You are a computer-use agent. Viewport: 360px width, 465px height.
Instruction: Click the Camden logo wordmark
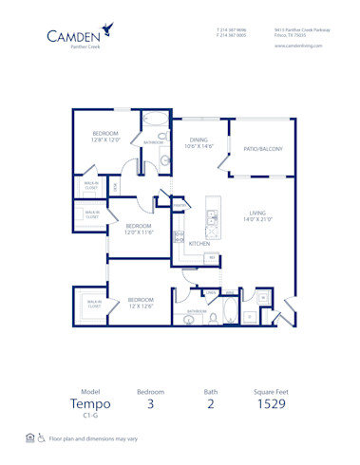[x=85, y=37]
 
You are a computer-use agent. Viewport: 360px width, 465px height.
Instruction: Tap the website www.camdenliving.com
[x=299, y=45]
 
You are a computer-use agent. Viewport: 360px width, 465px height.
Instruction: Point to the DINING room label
[x=198, y=139]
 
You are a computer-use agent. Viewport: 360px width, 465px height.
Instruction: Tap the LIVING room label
[x=257, y=213]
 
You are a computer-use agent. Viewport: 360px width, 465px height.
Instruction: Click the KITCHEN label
[x=199, y=244]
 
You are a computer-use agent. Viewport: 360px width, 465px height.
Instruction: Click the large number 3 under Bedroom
[x=150, y=405]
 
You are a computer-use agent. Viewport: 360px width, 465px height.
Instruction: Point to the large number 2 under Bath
[x=211, y=405]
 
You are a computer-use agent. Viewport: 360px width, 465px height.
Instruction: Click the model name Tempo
[x=90, y=404]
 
